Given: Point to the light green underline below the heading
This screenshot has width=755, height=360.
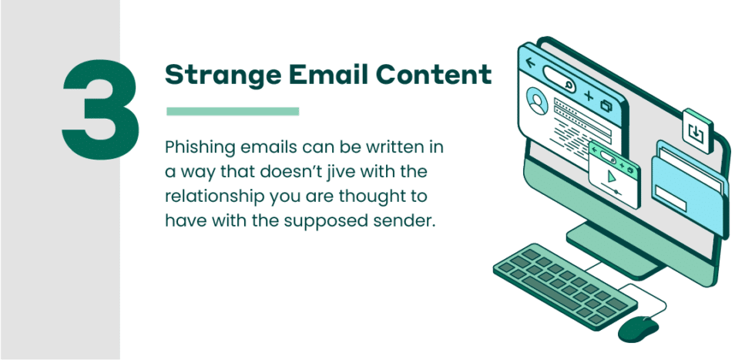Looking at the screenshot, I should pos(233,112).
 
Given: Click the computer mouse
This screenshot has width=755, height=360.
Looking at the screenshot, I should pos(639,329).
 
